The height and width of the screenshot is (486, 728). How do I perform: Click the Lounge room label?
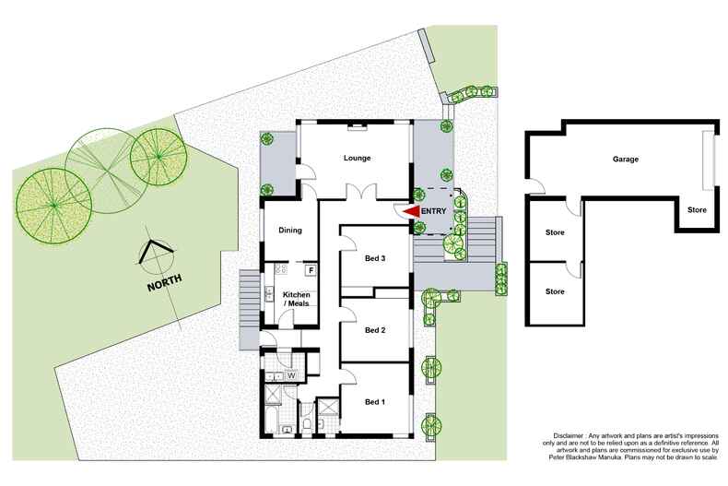tap(357, 158)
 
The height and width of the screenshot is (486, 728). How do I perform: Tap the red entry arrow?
tap(411, 212)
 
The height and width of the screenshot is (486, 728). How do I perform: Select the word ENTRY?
tap(434, 211)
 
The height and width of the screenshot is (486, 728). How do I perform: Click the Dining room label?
tap(290, 230)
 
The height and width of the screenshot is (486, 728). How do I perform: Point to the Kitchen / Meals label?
tap(296, 299)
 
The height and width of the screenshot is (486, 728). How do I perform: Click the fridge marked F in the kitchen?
tap(311, 270)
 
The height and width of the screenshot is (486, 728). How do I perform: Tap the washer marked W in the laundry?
tap(292, 375)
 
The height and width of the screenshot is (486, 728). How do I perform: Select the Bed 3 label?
tap(375, 258)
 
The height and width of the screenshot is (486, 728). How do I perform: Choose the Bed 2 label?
tap(375, 330)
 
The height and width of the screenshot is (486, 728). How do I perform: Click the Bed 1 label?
tap(375, 402)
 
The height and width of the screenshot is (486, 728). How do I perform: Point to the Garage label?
tap(626, 159)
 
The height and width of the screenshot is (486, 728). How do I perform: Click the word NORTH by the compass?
tap(164, 283)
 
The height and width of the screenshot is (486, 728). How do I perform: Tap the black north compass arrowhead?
tap(155, 250)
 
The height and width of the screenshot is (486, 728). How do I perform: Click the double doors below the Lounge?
tap(361, 192)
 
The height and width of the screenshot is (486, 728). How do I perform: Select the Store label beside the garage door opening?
tap(697, 210)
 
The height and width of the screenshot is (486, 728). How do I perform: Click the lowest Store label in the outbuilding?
tap(555, 291)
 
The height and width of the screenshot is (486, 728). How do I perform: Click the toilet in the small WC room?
tap(307, 423)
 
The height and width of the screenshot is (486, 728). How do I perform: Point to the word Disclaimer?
tap(569, 436)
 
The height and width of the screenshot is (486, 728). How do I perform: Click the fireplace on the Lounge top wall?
tap(357, 125)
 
